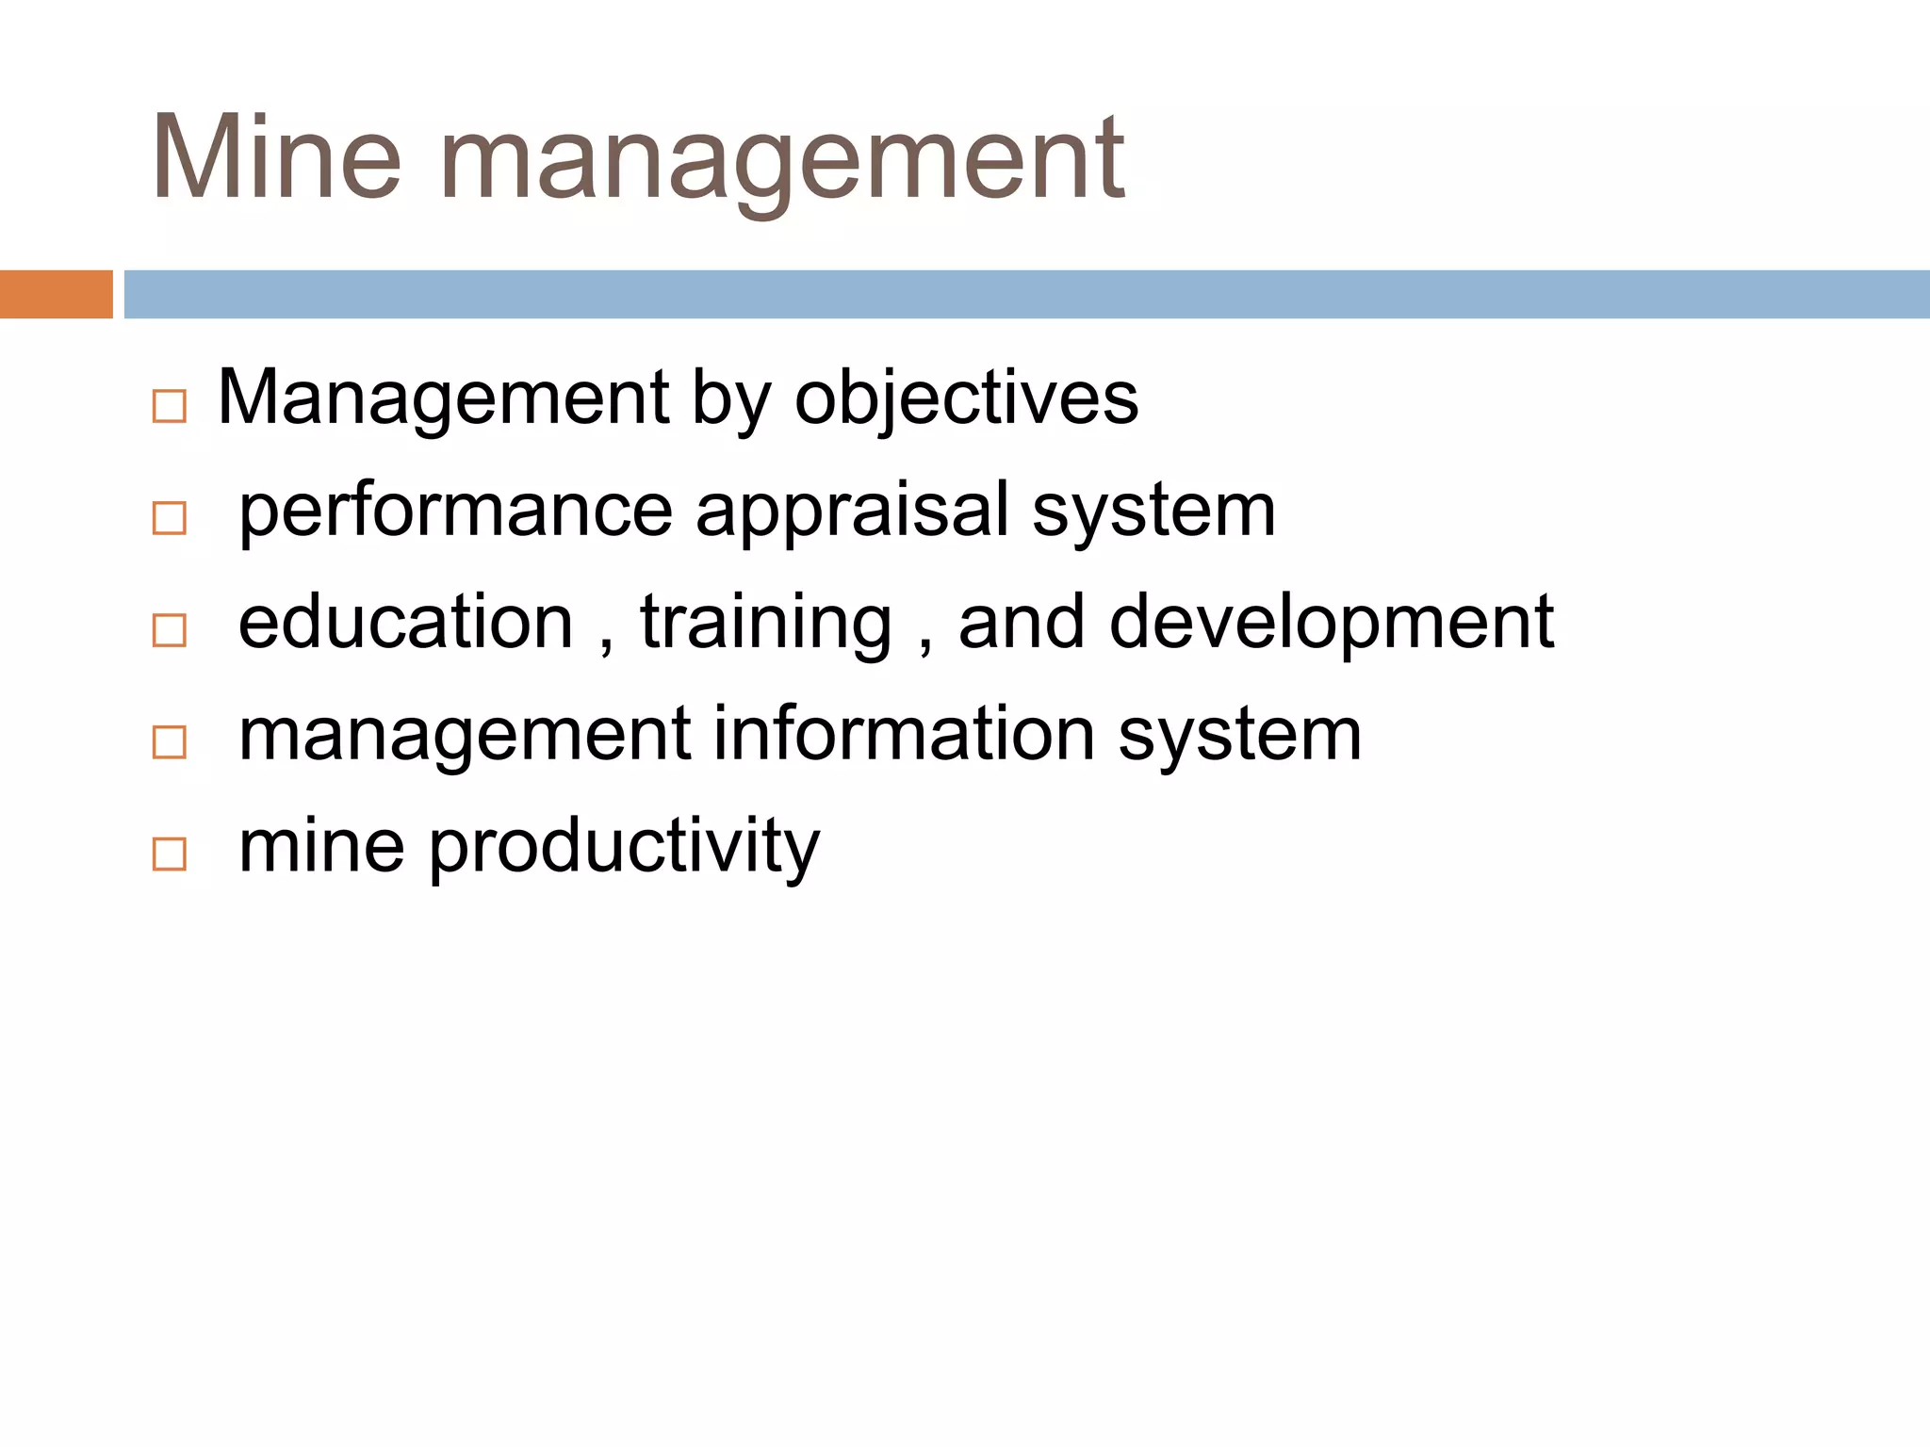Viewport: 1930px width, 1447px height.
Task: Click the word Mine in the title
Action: [276, 158]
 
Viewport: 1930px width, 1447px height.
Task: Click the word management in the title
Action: [782, 160]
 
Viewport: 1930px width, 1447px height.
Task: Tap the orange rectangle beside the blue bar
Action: [56, 294]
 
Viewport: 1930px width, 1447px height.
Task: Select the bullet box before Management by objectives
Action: [170, 407]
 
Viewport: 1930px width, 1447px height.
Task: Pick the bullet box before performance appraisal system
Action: [170, 518]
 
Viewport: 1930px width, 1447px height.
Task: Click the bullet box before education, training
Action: [170, 630]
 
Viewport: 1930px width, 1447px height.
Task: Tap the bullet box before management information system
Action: [170, 742]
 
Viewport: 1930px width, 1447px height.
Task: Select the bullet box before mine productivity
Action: [170, 854]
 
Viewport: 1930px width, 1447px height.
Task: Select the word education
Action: [405, 623]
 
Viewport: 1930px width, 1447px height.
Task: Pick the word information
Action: [904, 735]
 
